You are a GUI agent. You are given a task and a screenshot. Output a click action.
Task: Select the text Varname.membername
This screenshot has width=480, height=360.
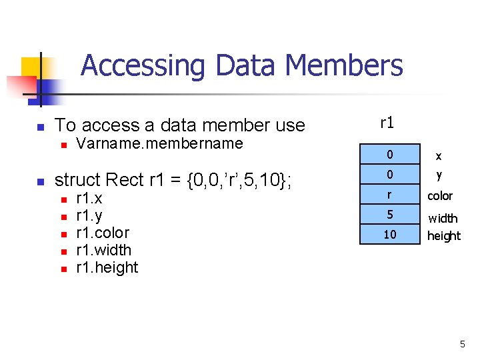(159, 143)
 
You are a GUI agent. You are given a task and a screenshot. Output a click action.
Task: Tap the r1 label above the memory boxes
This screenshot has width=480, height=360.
(387, 123)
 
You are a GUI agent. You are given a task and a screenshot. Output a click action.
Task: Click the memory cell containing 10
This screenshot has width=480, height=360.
(390, 235)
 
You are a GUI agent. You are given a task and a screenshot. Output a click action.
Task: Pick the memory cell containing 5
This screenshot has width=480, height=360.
(390, 215)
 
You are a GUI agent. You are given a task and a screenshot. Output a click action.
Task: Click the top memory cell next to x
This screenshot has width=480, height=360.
(390, 155)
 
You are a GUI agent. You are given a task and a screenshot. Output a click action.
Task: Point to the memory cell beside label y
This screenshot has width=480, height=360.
(390, 175)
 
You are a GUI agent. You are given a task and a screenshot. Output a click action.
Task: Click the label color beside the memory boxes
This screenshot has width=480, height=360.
(440, 196)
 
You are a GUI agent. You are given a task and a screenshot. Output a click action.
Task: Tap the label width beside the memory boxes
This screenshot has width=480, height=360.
(443, 218)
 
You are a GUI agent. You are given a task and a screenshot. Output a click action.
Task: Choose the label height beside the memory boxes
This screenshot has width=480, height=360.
(444, 235)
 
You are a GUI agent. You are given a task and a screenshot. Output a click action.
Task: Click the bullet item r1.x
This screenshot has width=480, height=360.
(89, 199)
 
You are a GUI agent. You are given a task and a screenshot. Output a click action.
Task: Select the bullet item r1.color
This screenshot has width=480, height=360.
(103, 233)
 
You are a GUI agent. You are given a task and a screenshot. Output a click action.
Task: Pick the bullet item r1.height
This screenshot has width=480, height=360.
(107, 267)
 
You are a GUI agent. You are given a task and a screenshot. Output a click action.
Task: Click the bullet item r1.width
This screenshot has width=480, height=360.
(104, 250)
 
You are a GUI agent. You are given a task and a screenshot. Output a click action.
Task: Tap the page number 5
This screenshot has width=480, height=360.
(462, 344)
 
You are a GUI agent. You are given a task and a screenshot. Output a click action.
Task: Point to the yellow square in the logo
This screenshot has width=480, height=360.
(32, 68)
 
